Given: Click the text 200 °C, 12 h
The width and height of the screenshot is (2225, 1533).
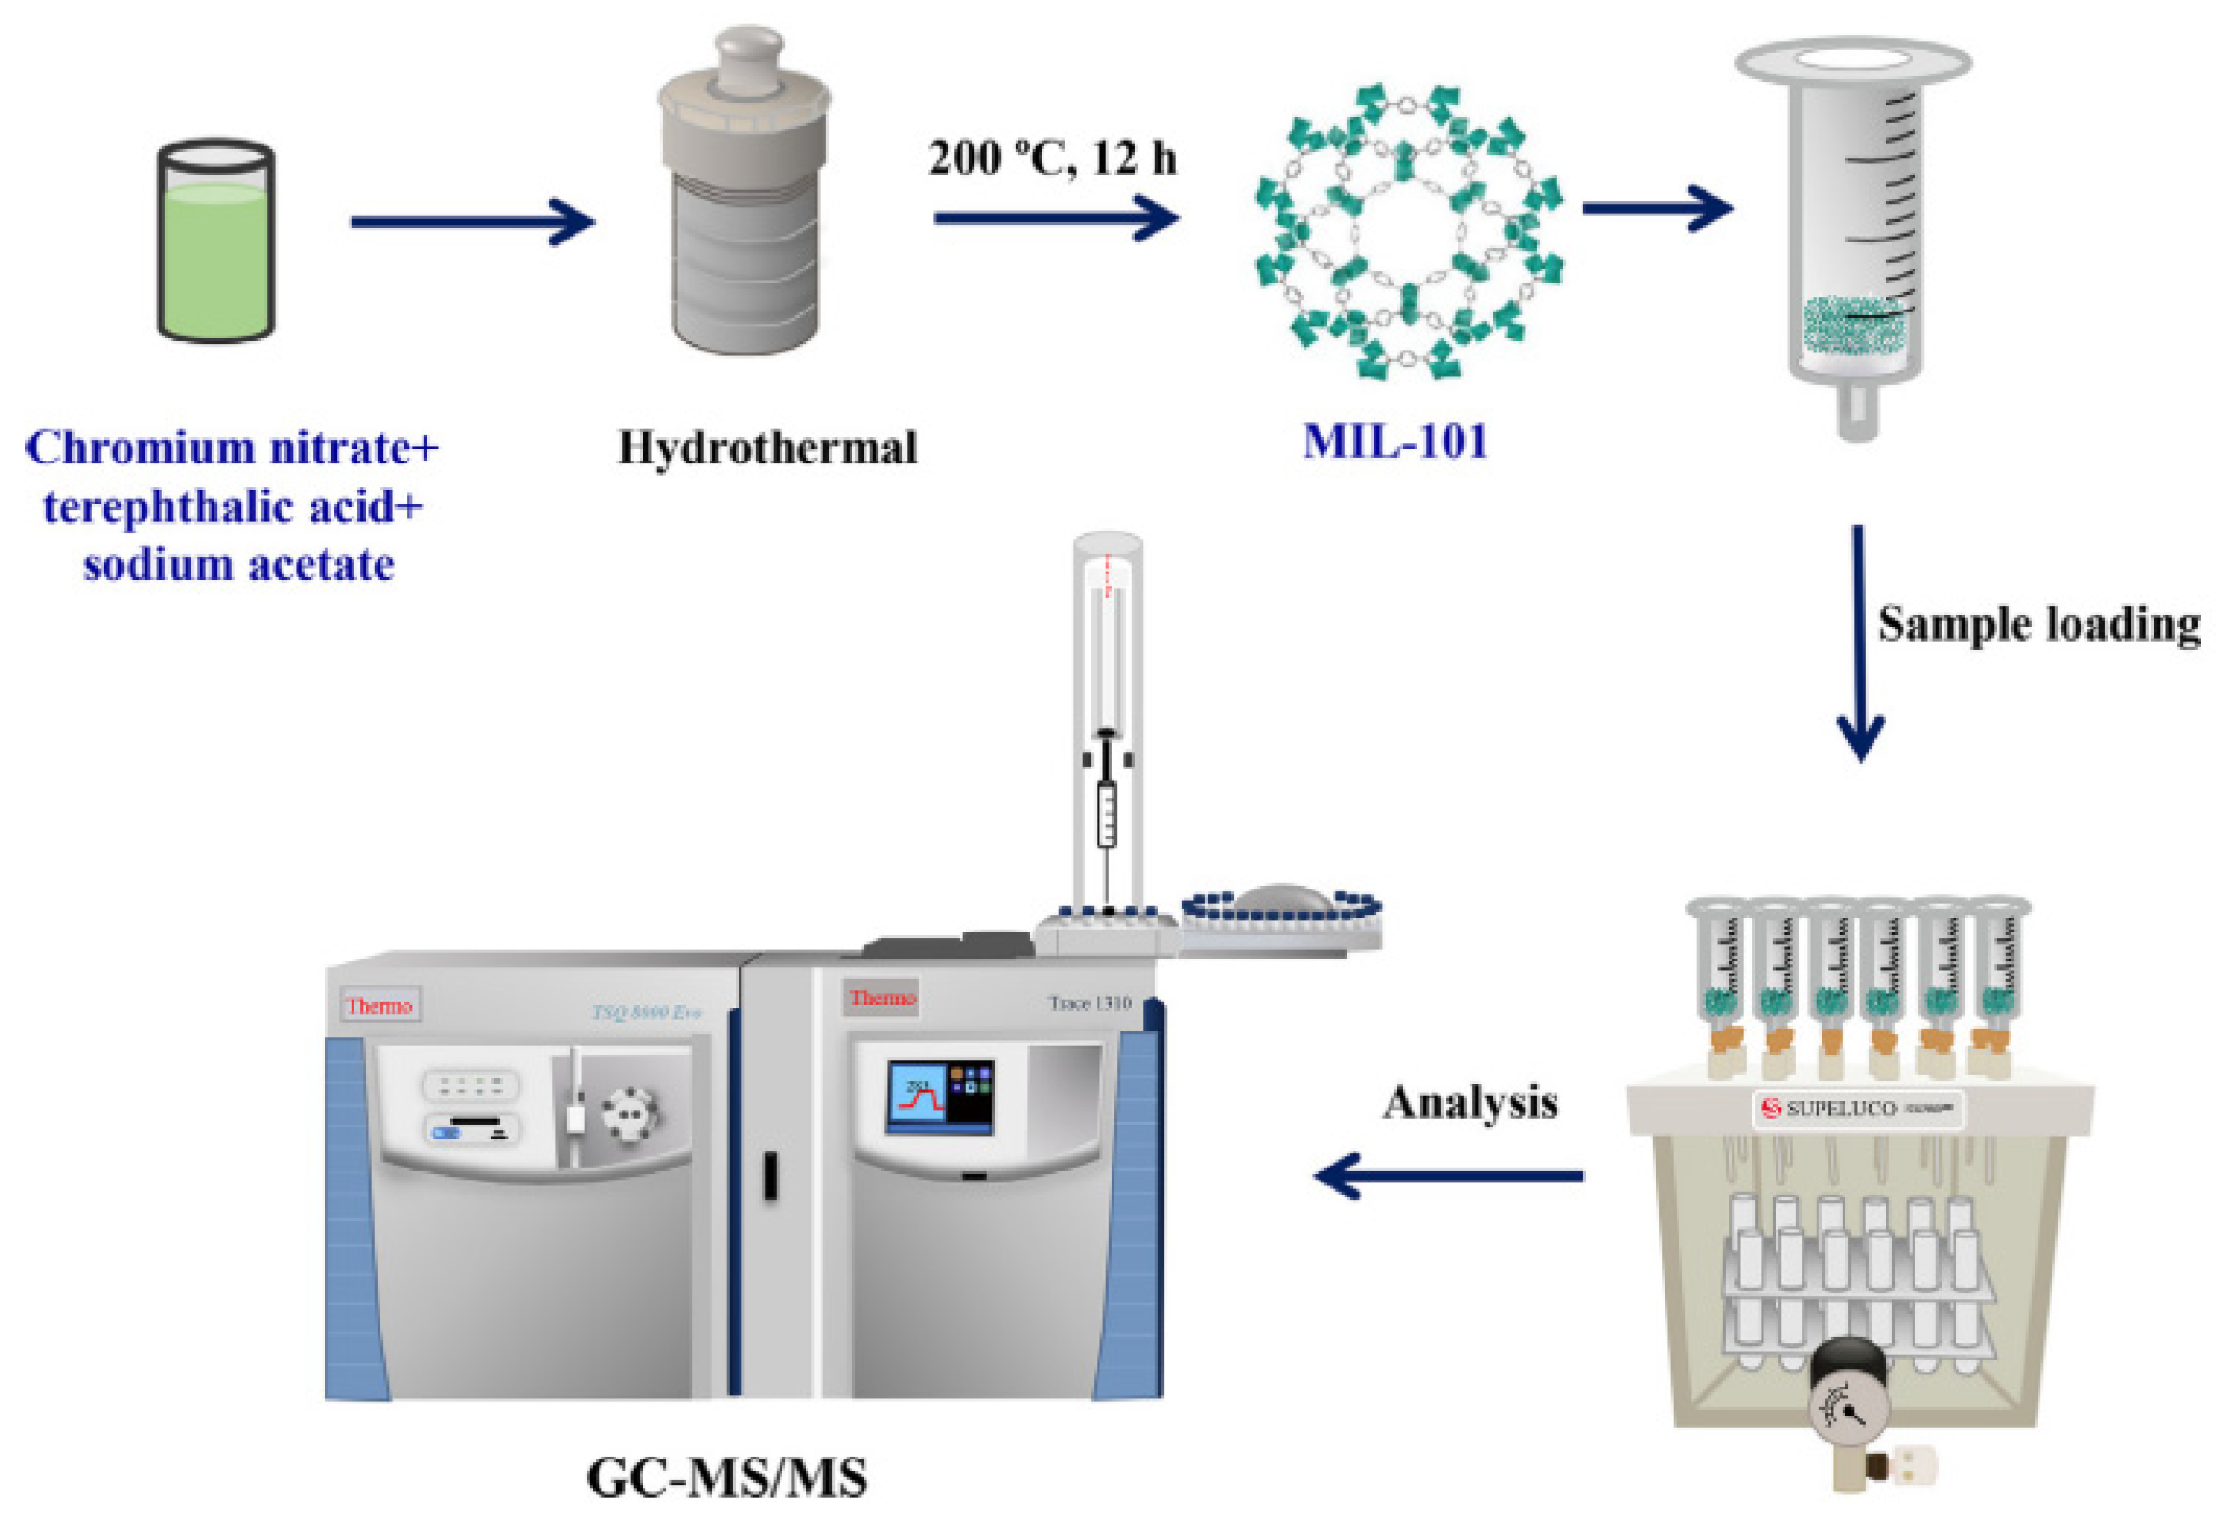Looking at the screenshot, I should point(1053,159).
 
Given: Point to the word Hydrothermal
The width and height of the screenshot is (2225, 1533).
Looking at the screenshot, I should point(767,449).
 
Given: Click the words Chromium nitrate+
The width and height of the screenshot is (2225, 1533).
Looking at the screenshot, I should point(231,449).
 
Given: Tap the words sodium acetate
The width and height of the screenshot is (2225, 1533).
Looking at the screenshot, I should point(238,565).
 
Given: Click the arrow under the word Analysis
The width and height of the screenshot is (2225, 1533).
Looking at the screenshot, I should point(1449,1175).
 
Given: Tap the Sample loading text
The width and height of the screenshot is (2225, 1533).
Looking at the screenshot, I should point(2038,625).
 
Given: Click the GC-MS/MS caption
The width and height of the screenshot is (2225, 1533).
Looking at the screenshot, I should point(727,1478).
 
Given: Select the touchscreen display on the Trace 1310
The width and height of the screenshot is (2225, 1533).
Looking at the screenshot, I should point(939,1096).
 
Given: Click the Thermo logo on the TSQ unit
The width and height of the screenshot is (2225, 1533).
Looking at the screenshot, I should point(380,1005).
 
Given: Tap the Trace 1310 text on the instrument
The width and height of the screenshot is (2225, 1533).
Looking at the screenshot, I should point(1089,1003).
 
